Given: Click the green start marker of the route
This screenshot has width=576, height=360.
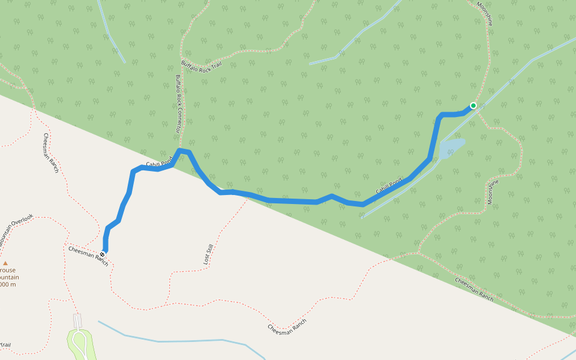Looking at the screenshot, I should (x=473, y=106).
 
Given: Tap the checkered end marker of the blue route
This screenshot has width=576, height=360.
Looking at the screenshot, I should (x=103, y=255).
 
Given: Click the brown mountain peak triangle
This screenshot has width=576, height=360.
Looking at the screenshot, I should (x=5, y=263).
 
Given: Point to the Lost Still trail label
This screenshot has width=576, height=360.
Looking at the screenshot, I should (x=208, y=254).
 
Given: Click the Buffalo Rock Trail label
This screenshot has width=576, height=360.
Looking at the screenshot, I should (x=201, y=64).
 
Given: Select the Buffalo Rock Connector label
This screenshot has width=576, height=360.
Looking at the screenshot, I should (x=178, y=103).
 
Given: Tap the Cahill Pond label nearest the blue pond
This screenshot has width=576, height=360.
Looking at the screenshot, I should (x=389, y=187).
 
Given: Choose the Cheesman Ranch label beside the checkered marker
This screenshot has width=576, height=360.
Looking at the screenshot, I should (x=88, y=256).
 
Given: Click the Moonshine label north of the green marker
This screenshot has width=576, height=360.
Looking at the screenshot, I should (x=485, y=13).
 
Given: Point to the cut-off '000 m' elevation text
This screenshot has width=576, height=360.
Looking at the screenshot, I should (x=7, y=284).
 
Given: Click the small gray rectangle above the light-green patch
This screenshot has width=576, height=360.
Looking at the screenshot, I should (x=77, y=320).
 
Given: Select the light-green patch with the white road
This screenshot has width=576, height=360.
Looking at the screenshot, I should (x=81, y=344).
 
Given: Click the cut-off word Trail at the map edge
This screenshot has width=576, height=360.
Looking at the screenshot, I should (x=5, y=344).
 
